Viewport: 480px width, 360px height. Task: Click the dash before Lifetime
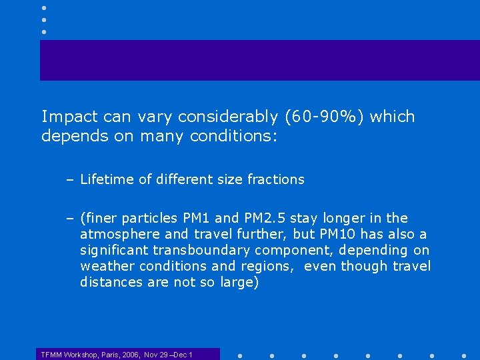70,179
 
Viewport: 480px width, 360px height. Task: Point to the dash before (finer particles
70,219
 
